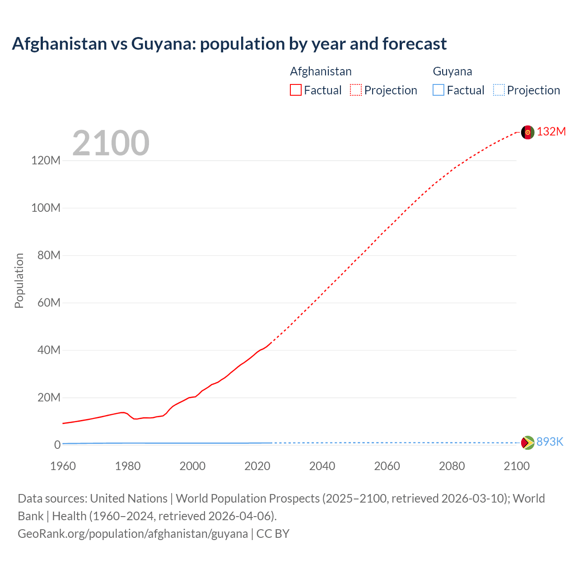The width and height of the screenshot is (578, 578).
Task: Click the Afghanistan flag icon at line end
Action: click(527, 132)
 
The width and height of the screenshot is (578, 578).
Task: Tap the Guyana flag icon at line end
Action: click(527, 443)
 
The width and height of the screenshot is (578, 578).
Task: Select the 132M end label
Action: click(551, 131)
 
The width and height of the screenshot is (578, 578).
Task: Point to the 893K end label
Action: click(550, 442)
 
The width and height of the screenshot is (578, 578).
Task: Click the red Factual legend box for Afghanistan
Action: click(296, 90)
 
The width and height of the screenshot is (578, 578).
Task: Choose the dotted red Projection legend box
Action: click(356, 90)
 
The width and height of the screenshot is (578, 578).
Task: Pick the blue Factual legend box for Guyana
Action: click(438, 90)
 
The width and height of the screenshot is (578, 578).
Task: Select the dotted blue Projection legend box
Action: click(499, 90)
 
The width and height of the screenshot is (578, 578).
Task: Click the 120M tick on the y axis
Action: click(46, 160)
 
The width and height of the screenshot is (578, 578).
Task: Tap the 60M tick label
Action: click(48, 303)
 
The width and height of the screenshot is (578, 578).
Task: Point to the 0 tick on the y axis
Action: click(57, 445)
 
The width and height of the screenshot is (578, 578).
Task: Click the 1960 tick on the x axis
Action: click(63, 466)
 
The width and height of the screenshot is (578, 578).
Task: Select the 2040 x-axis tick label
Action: click(322, 466)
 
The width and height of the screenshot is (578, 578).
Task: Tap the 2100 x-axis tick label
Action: click(517, 466)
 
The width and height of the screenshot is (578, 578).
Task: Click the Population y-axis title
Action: click(19, 280)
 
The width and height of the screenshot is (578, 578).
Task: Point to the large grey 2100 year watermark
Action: click(111, 143)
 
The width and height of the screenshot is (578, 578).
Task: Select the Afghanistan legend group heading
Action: click(321, 71)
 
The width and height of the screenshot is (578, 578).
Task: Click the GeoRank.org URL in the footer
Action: click(133, 533)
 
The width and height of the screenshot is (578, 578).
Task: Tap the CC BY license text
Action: click(273, 533)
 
